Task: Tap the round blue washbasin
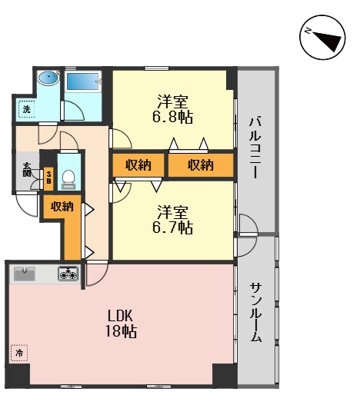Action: point(48,78)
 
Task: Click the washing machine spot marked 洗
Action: point(25,109)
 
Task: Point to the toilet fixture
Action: point(68,178)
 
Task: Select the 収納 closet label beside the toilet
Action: point(62,205)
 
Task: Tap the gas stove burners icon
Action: point(68,273)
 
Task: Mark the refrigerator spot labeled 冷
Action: point(18,353)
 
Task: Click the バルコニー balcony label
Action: point(256,146)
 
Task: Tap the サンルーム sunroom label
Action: point(256,315)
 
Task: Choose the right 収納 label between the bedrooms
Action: point(200,164)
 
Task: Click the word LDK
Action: point(122,315)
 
